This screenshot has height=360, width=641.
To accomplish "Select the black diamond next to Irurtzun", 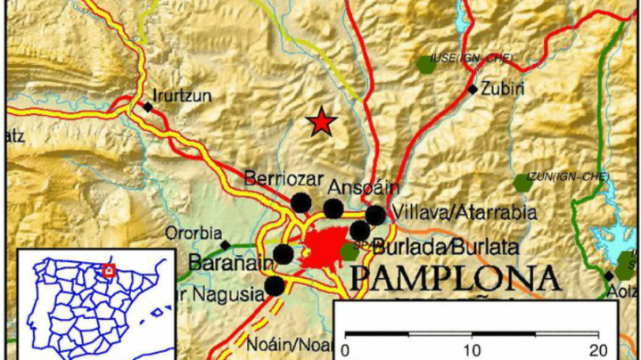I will pos(149,107).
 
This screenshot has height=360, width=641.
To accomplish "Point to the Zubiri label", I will pos(501,89).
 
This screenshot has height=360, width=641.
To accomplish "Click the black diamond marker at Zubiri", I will pos(473,89).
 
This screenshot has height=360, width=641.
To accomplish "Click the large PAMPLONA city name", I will pos(455,278).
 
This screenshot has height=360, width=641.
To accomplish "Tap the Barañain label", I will pos(226,263).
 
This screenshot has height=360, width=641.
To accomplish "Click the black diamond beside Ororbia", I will pos(226,245).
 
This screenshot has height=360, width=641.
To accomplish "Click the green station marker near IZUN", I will pos(522,184).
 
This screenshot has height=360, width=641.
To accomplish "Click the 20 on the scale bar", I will pos(599,348).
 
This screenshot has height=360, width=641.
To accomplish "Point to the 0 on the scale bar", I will pos(345,348).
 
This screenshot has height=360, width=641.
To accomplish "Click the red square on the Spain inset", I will pos(109,270).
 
